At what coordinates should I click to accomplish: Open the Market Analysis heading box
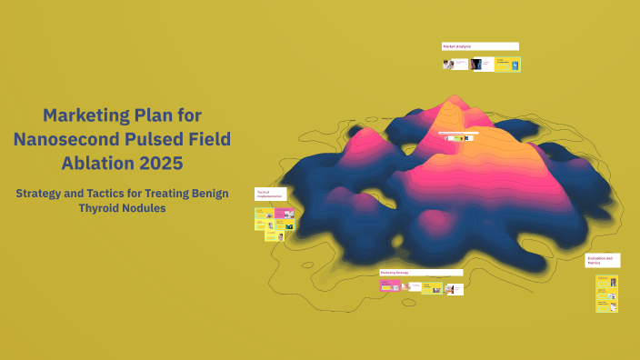point(480,46)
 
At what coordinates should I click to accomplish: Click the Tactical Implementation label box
point(270,194)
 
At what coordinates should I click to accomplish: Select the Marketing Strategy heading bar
point(421,272)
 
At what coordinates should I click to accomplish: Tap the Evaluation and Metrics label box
point(602,260)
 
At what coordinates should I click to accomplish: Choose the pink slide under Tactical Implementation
point(285,214)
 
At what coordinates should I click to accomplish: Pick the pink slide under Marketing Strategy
point(390,286)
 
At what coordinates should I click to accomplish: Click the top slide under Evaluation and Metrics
point(606,282)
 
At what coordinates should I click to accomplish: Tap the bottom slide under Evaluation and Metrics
point(606,306)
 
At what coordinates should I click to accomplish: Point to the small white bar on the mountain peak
point(457,133)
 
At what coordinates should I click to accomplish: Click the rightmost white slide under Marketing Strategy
point(455,289)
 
